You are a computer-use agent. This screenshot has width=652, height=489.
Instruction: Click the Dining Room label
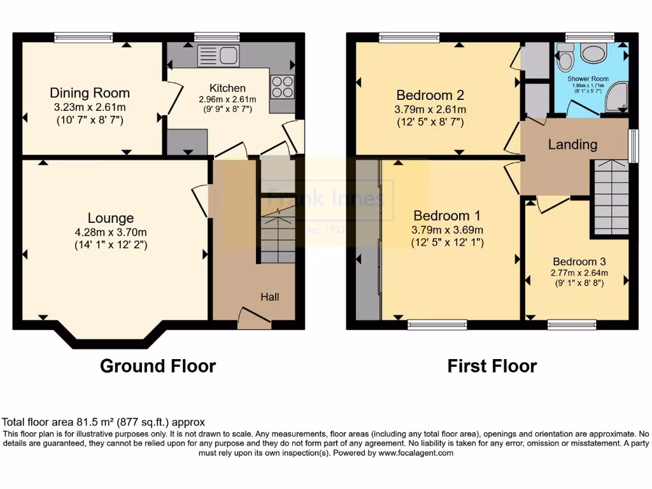90,93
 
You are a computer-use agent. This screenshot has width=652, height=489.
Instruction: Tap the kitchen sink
218,56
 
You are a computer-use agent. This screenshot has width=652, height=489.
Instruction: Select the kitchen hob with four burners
281,87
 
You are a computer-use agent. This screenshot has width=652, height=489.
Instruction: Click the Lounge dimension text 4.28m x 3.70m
111,232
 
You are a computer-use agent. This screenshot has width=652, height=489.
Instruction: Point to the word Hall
269,297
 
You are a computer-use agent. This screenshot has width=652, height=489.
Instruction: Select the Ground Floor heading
158,366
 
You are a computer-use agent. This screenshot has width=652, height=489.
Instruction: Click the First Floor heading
492,366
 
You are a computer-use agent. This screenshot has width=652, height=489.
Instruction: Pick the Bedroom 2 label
430,96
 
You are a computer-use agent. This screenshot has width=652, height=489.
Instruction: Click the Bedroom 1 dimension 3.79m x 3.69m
448,230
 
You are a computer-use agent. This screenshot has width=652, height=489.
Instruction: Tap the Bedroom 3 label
579,262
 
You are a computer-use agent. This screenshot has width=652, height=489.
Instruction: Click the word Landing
573,145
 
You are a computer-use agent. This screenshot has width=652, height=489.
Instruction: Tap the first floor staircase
611,198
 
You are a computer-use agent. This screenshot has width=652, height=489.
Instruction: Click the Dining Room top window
83,38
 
